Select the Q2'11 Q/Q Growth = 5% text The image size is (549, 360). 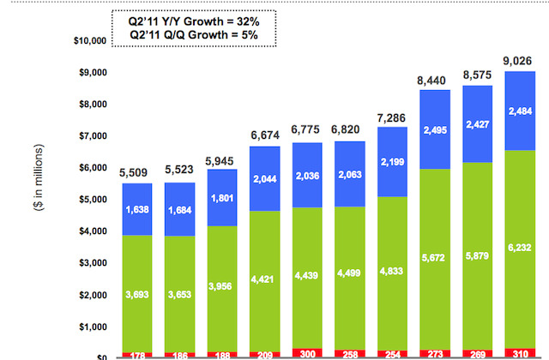[190, 34]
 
